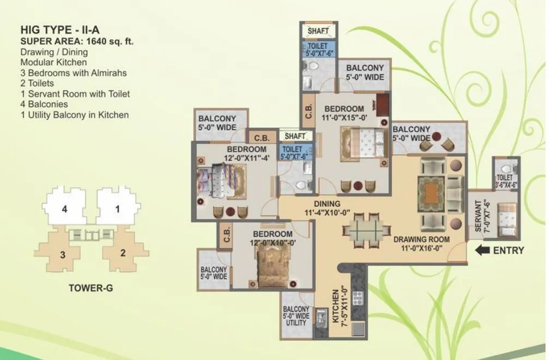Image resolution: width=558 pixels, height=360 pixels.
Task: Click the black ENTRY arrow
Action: [x=481, y=251]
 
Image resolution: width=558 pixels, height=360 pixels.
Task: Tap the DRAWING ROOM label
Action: [x=421, y=243]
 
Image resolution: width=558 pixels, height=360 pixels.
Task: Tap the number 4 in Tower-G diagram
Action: [x=64, y=208]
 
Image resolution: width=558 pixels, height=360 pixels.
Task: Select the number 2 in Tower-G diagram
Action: [x=123, y=252]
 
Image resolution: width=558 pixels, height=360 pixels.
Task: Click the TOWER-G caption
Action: [x=91, y=288]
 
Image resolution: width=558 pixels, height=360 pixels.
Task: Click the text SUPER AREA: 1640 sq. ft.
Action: [x=77, y=41]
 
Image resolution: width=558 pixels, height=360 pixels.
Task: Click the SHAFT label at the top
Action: [x=318, y=31]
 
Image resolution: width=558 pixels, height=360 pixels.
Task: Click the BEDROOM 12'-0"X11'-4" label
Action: [x=247, y=154]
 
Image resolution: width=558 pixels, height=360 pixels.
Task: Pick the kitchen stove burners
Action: [x=359, y=298]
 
